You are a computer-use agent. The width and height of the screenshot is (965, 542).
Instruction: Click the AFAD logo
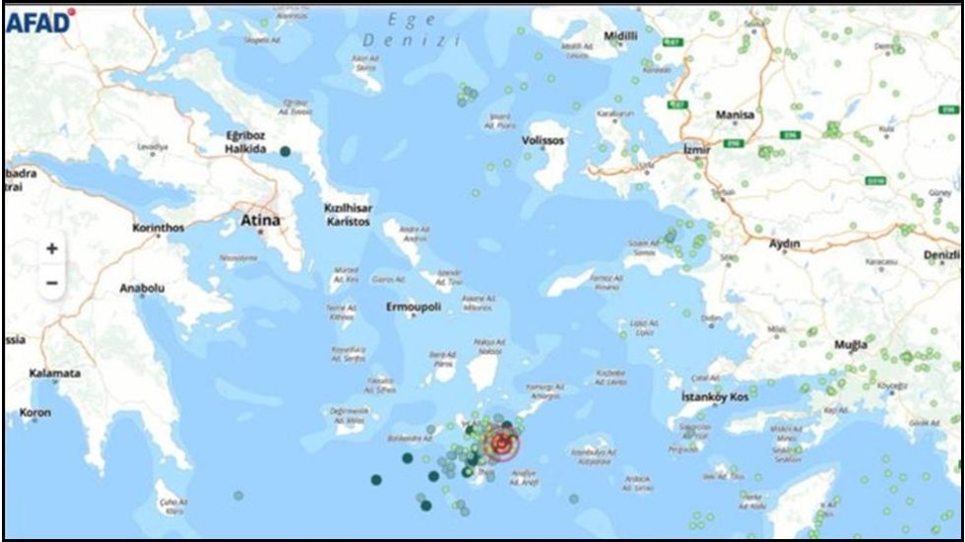pyautogui.click(x=39, y=21)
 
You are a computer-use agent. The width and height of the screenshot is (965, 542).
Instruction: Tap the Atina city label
pyautogui.click(x=261, y=221)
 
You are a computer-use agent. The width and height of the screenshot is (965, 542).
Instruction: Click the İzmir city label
pyautogui.click(x=696, y=150)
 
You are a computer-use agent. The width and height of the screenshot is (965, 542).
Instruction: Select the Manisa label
pyautogui.click(x=735, y=115)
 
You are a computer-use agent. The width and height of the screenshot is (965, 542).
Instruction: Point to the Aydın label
pyautogui.click(x=785, y=243)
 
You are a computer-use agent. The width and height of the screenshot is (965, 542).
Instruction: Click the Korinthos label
pyautogui.click(x=159, y=228)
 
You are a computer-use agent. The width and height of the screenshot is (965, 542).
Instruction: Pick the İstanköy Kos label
pyautogui.click(x=715, y=396)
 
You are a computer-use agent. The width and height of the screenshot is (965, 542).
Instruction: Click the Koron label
pyautogui.click(x=34, y=413)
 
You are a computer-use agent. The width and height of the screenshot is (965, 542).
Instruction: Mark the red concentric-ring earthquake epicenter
pyautogui.click(x=501, y=445)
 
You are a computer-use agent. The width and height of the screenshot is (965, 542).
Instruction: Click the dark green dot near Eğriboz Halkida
pyautogui.click(x=285, y=151)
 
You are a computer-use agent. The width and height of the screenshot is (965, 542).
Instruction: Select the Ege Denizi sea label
pyautogui.click(x=412, y=30)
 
